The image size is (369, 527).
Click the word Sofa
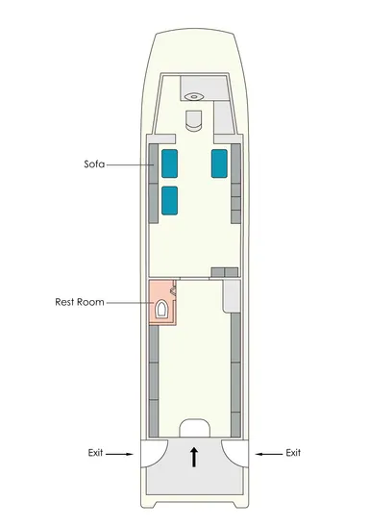pos(94,164)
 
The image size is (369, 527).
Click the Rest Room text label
pos(80,302)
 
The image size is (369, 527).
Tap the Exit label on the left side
pos(95,453)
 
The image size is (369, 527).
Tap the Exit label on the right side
pos(293,453)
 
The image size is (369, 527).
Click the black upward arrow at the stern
pos(194,457)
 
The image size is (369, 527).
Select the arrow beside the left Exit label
pos(119,454)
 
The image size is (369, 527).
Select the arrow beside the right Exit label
pos(269,454)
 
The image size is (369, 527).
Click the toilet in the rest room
pos(160,309)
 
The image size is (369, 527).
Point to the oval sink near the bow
pos(194,97)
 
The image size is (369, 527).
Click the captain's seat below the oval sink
pos(194,120)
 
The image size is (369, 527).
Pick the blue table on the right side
pos(219,163)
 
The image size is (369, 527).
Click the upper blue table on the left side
pos(169,163)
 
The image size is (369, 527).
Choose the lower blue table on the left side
pos(169,200)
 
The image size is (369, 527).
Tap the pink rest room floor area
pos(162,302)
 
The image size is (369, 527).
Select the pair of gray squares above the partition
pos(225,272)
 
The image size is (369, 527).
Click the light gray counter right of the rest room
pos(232,296)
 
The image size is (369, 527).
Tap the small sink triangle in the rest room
pos(174,290)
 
